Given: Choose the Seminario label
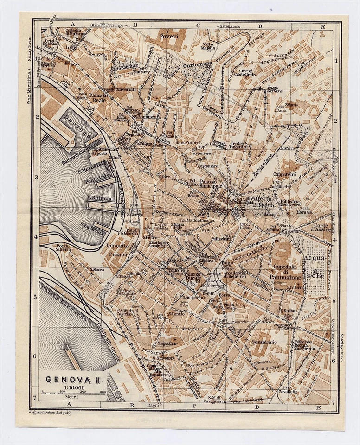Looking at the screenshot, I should (x=265, y=342).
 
